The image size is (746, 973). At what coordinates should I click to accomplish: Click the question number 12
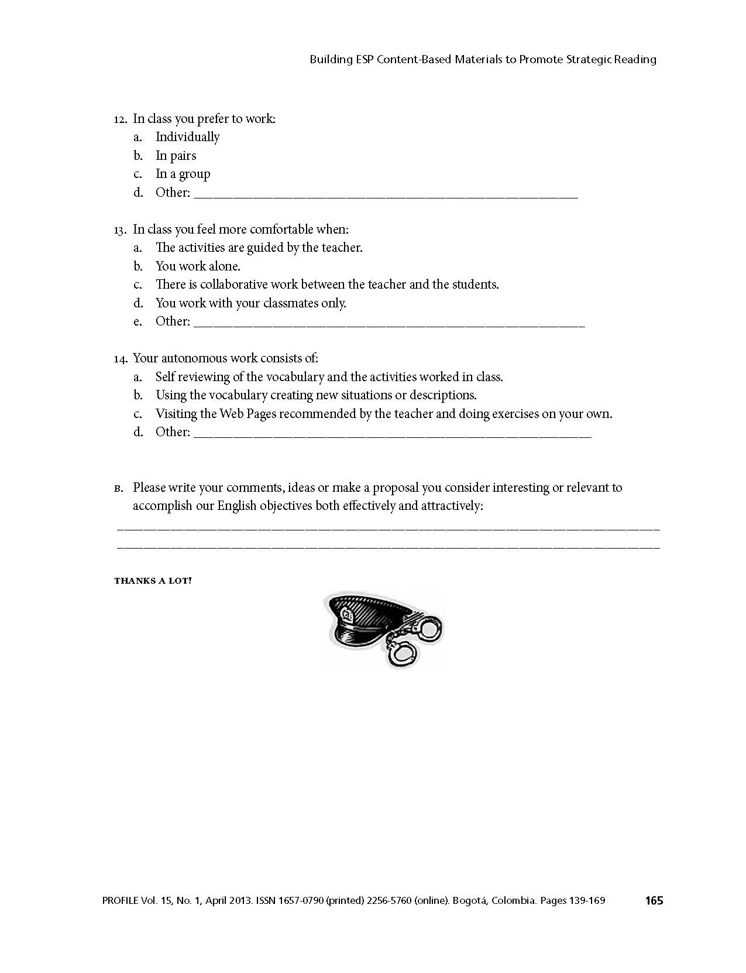click(120, 119)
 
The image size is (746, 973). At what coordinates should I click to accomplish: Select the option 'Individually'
click(187, 137)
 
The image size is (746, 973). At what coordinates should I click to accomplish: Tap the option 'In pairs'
click(176, 156)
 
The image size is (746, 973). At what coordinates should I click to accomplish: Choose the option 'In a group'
click(183, 174)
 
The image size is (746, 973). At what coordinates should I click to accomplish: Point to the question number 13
click(120, 230)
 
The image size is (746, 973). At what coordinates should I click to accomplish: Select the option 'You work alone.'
click(198, 266)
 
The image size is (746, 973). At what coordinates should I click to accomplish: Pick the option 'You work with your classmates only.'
click(250, 303)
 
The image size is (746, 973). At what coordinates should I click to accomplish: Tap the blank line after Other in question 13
click(389, 324)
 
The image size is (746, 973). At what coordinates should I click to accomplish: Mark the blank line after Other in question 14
click(392, 436)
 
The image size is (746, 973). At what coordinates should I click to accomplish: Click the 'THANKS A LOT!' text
click(153, 581)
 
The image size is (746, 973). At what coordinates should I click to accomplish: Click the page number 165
click(654, 900)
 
